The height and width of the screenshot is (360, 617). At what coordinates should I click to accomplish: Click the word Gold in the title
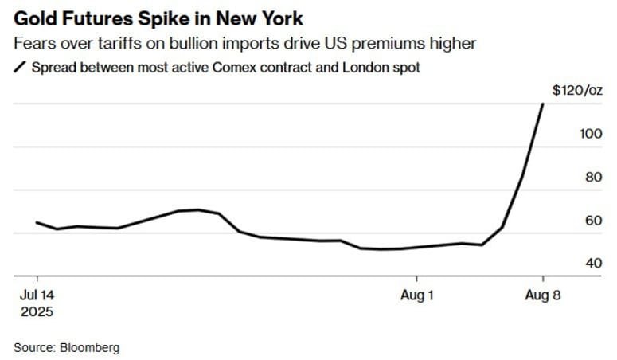point(33,18)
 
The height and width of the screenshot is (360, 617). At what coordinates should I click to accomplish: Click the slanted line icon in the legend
point(20,68)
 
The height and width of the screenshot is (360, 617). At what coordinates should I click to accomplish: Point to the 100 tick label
point(591,134)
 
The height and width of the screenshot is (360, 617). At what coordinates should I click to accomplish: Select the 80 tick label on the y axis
point(593,178)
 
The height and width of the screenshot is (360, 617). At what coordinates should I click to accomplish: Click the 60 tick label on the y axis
point(593,221)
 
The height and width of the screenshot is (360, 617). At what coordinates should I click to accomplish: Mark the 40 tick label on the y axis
point(593,264)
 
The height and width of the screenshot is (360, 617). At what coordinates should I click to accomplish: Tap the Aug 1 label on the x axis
point(417,295)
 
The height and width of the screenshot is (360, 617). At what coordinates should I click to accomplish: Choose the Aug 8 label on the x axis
point(543,295)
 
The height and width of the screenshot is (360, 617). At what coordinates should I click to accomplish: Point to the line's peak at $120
point(543,104)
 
